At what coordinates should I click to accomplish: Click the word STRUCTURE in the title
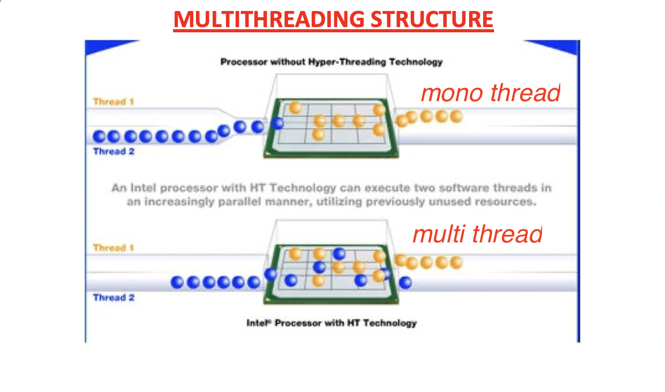point(432,20)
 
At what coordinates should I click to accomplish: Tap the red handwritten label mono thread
point(490,93)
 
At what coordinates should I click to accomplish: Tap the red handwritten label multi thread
point(477,234)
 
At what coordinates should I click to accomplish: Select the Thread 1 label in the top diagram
point(113,102)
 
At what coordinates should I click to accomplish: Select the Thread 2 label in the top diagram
point(113,152)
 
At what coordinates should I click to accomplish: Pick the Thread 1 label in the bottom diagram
point(113,248)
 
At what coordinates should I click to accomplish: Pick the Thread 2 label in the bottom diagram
point(113,298)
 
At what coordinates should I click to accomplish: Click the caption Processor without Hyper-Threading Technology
point(331,62)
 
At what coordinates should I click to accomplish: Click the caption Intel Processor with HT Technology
point(331,323)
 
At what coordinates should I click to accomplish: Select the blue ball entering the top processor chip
point(278,124)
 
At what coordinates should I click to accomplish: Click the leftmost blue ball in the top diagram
point(100,137)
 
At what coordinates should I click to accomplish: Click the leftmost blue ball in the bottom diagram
point(178,283)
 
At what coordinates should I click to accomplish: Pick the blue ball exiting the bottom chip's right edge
point(405,283)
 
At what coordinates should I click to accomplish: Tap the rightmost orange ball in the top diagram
point(457,116)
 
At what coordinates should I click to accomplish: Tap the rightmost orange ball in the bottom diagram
point(457,262)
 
